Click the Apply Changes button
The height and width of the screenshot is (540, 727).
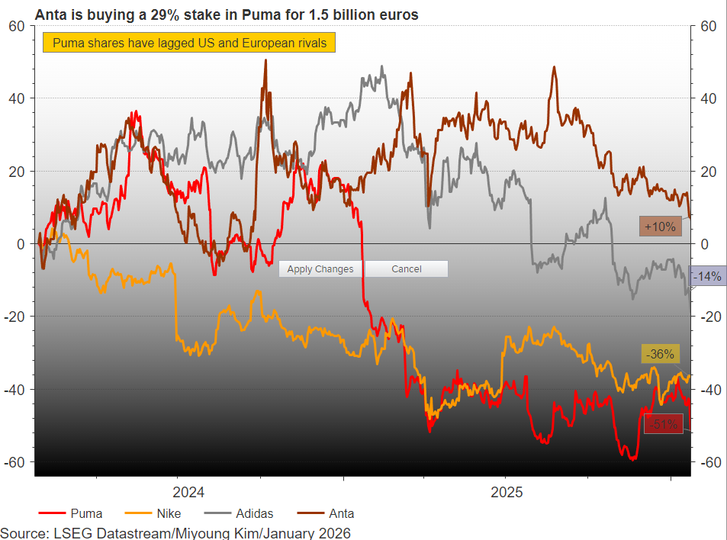[320, 268]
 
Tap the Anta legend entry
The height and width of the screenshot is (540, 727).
[340, 513]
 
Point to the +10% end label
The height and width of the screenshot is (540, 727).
[660, 227]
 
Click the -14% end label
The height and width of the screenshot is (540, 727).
[706, 276]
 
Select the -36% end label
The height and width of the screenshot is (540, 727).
[659, 354]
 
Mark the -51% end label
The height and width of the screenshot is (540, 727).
[662, 424]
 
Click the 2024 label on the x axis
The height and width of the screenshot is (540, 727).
[188, 492]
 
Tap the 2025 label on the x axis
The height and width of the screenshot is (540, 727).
[507, 492]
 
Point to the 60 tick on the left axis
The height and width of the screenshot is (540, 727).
[17, 26]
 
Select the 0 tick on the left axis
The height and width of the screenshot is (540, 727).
[21, 244]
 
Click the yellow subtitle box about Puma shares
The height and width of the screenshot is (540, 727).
[189, 43]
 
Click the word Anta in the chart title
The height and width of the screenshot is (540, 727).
[50, 14]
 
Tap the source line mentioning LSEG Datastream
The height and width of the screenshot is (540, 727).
[175, 532]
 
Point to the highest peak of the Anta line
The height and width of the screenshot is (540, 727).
[265, 61]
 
